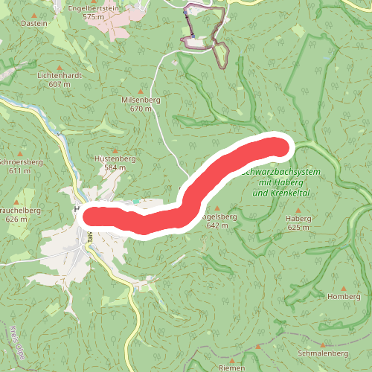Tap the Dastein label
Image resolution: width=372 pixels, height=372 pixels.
(35, 23)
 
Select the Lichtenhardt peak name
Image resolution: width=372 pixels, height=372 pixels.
(59, 76)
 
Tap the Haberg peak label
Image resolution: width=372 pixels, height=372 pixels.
(298, 219)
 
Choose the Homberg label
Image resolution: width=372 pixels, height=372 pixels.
(343, 296)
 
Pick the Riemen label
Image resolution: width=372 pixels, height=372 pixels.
(231, 368)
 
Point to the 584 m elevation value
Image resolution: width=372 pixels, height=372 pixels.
(115, 168)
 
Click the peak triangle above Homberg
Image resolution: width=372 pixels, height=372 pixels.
(343, 287)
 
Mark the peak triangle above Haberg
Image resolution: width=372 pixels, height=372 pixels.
(298, 210)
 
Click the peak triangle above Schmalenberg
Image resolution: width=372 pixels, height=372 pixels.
(322, 345)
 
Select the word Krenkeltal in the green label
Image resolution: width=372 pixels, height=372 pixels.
(290, 193)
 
